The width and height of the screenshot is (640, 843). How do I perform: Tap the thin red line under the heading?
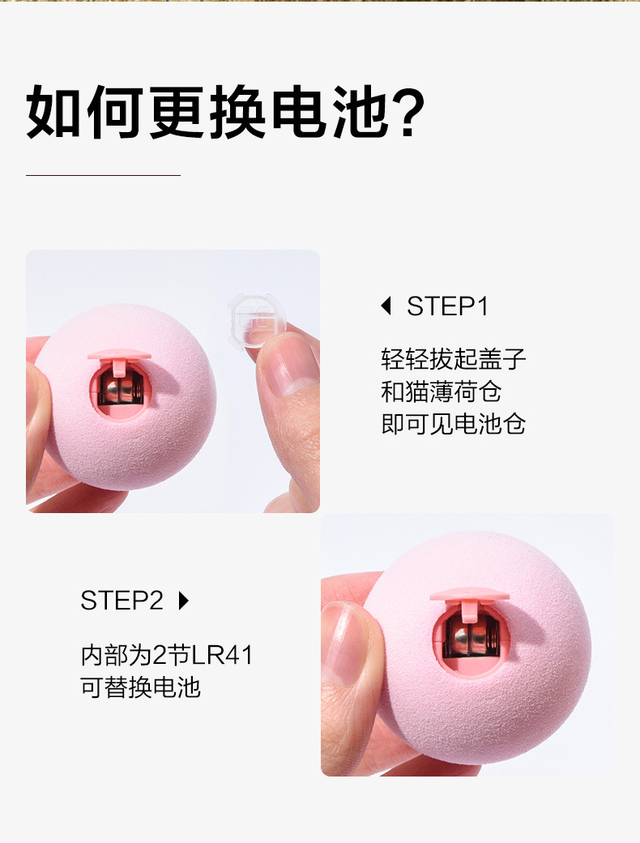(x=103, y=175)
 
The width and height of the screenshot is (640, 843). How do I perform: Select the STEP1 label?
(x=447, y=306)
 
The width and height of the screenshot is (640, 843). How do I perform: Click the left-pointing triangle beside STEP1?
(x=386, y=306)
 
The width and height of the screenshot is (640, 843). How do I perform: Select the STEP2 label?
(x=122, y=601)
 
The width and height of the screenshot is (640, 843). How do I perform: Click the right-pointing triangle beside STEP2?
(x=183, y=601)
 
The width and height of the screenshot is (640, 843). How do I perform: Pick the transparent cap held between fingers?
(x=255, y=321)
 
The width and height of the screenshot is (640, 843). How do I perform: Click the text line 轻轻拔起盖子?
(x=454, y=359)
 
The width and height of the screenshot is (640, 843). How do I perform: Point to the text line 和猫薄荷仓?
(x=441, y=392)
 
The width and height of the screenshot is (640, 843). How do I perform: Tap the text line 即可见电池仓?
(x=454, y=424)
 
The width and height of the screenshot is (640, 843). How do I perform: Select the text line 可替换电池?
(x=140, y=687)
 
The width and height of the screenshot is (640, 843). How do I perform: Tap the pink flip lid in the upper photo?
(x=118, y=355)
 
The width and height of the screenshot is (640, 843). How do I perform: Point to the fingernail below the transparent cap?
(x=285, y=365)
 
